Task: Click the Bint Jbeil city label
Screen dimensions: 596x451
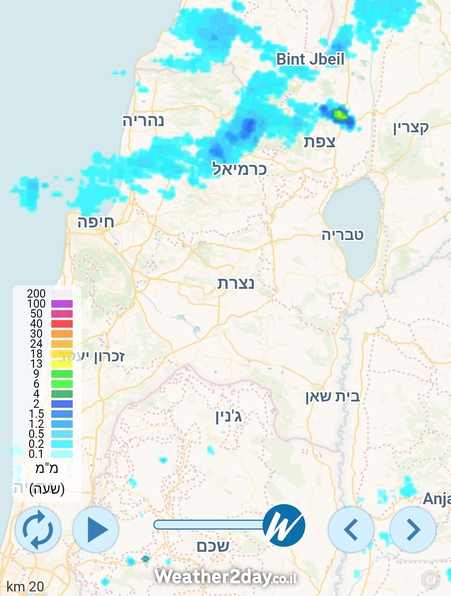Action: click(310, 59)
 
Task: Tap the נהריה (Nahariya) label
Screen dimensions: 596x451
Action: click(143, 121)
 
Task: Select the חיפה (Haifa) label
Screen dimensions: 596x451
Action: click(95, 222)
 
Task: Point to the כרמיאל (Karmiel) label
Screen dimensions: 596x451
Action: click(239, 169)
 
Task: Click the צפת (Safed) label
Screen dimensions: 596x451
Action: click(319, 142)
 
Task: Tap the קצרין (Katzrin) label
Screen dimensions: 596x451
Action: click(411, 128)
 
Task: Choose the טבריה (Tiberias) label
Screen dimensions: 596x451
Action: click(342, 235)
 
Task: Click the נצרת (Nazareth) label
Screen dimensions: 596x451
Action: click(236, 284)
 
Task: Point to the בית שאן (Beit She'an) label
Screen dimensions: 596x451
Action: click(332, 396)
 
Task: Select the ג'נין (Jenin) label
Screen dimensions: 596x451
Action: click(228, 417)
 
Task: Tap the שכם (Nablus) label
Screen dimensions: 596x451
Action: click(213, 546)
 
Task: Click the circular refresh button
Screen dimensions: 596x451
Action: click(38, 530)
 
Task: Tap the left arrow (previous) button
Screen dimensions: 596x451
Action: click(351, 530)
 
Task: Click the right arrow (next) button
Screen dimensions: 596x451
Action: click(413, 530)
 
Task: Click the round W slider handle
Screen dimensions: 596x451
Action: click(284, 525)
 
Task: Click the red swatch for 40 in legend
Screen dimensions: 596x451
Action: click(62, 323)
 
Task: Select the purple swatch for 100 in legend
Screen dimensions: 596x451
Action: click(62, 303)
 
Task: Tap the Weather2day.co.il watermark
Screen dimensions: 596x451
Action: click(225, 577)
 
